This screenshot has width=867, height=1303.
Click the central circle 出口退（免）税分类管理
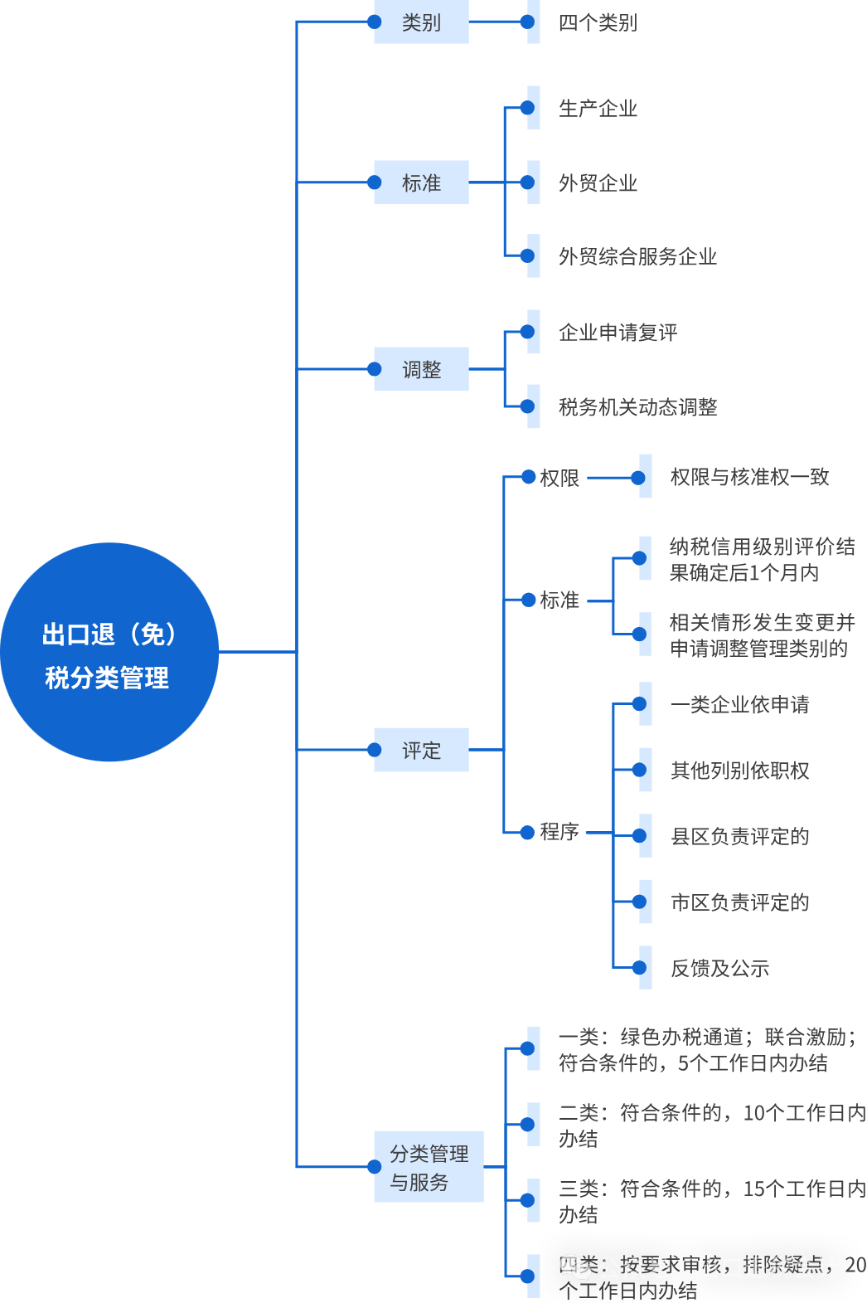109,652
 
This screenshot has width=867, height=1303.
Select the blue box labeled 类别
421,22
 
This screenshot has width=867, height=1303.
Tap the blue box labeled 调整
421,369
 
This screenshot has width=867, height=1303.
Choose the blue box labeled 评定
421,750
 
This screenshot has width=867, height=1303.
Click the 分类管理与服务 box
429,1167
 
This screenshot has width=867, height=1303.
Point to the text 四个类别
598,23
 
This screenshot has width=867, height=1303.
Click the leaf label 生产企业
598,109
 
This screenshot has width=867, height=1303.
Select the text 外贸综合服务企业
637,256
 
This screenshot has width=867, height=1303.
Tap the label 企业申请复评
618,333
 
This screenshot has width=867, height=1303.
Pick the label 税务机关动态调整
637,407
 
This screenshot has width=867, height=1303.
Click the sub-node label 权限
559,478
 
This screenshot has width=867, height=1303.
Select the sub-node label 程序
559,832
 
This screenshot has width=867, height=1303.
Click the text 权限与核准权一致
749,477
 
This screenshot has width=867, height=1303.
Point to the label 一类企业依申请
739,705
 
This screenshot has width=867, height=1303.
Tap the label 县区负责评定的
739,837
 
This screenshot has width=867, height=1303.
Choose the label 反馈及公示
719,968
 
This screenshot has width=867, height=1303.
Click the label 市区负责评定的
739,902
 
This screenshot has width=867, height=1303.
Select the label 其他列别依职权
739,771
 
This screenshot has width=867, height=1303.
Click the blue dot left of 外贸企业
527,182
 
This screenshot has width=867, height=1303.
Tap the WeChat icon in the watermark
575,1267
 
